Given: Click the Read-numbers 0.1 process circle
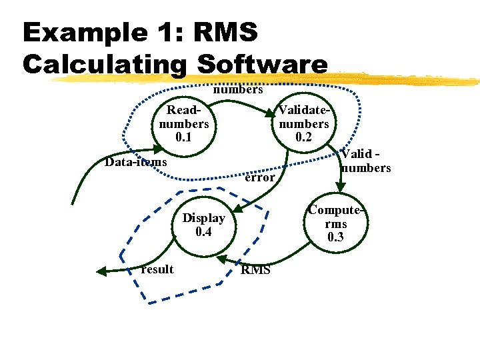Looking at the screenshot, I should [x=183, y=124].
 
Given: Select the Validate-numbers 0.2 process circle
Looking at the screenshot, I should [x=304, y=124].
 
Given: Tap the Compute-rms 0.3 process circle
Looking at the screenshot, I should [x=336, y=224].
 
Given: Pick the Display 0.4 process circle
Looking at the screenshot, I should [x=203, y=225].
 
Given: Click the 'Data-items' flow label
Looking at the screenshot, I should [x=137, y=162].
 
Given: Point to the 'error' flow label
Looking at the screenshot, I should [x=259, y=177].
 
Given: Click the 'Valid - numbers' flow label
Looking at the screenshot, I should [x=365, y=161].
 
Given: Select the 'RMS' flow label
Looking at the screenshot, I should [x=255, y=270].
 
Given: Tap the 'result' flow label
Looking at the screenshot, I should [x=157, y=269].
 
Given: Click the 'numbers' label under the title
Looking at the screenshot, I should [x=238, y=89].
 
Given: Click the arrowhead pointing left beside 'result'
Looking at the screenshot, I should [x=102, y=271].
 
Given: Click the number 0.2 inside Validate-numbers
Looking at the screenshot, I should [x=304, y=137].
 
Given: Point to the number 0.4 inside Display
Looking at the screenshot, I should [x=203, y=232].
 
